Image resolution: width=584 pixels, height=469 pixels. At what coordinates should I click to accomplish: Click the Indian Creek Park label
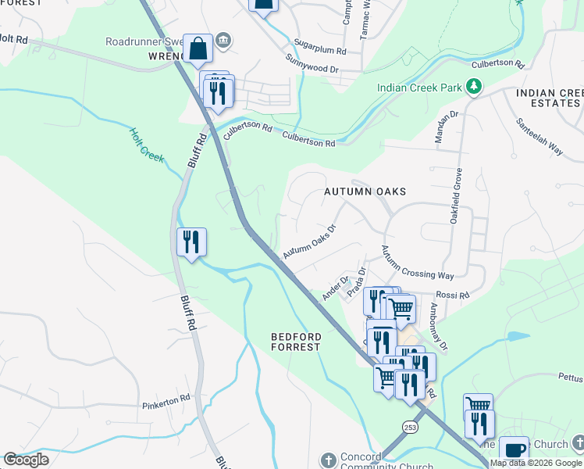[x=419, y=88]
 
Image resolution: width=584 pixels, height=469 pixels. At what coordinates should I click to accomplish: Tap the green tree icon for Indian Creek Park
[x=473, y=86]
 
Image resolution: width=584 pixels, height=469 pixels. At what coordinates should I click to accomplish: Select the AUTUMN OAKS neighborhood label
[x=365, y=191]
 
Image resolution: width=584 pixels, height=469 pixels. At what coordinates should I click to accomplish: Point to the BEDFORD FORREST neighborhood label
[x=296, y=341]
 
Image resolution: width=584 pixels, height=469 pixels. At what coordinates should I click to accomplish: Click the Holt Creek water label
[x=147, y=145]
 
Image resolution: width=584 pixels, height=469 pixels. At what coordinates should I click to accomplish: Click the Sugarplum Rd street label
[x=330, y=46]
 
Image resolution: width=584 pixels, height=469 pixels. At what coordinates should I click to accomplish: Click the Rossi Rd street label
[x=454, y=295]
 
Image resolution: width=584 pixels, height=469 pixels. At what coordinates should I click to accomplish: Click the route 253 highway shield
[x=410, y=427]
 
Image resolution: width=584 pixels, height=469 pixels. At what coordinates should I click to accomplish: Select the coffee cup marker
[x=514, y=450]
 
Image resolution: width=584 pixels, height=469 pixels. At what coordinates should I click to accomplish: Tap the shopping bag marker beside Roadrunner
[x=198, y=48]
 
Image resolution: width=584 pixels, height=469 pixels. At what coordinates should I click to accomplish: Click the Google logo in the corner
[x=27, y=460]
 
